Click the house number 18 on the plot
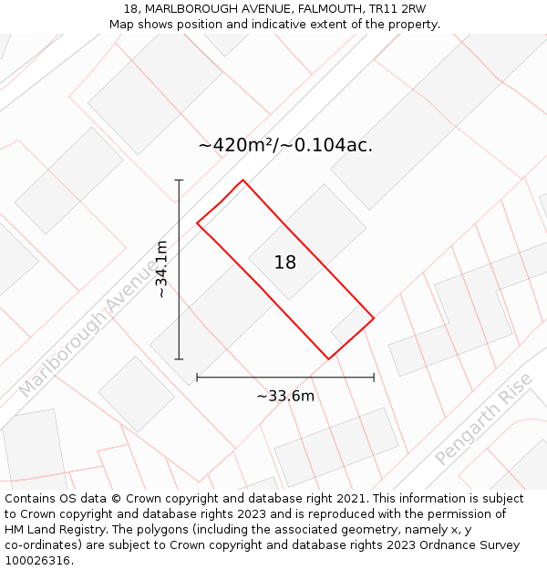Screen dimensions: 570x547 pyautogui.click(x=285, y=263)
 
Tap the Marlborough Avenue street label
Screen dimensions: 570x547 pyautogui.click(x=88, y=327)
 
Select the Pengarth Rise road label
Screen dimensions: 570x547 pyautogui.click(x=482, y=425)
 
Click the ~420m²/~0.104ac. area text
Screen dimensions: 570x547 pyautogui.click(x=285, y=145)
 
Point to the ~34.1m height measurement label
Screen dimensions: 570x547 pyautogui.click(x=161, y=269)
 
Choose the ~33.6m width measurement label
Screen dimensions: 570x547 pyautogui.click(x=285, y=396)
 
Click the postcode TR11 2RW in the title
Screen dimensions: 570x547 pyautogui.click(x=397, y=9)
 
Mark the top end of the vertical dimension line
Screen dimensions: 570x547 pyautogui.click(x=179, y=180)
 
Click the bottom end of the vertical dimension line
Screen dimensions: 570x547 pyautogui.click(x=179, y=359)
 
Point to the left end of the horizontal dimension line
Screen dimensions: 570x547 pyautogui.click(x=197, y=377)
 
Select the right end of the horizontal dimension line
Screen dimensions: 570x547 pyautogui.click(x=374, y=377)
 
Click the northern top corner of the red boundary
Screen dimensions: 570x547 pyautogui.click(x=243, y=180)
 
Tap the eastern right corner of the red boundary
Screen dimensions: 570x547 pyautogui.click(x=374, y=318)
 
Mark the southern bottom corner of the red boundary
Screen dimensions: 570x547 pyautogui.click(x=328, y=359)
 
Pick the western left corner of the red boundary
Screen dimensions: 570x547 pyautogui.click(x=197, y=223)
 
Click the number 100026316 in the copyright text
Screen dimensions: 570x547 pyautogui.click(x=36, y=561)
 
